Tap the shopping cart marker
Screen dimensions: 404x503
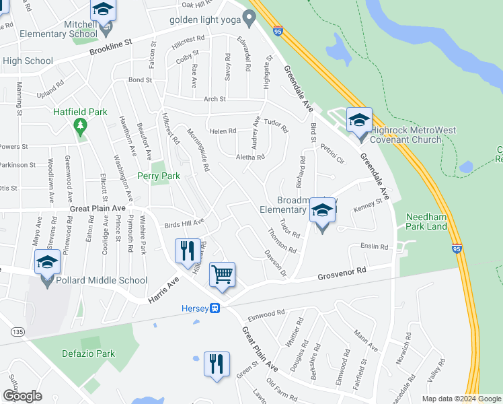click(x=222, y=275)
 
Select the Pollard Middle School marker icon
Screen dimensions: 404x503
click(x=47, y=263)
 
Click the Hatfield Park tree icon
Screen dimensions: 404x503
click(x=80, y=125)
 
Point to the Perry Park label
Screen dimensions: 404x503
click(x=159, y=176)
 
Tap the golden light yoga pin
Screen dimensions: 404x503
click(x=249, y=19)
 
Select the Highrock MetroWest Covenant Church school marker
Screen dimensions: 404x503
click(x=359, y=121)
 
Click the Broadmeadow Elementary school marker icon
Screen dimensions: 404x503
click(x=322, y=213)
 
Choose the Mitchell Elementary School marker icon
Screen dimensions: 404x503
click(x=103, y=11)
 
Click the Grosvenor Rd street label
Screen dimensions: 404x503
click(x=342, y=274)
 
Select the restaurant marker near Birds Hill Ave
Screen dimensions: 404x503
click(x=186, y=252)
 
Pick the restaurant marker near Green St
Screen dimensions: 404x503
click(x=217, y=364)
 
